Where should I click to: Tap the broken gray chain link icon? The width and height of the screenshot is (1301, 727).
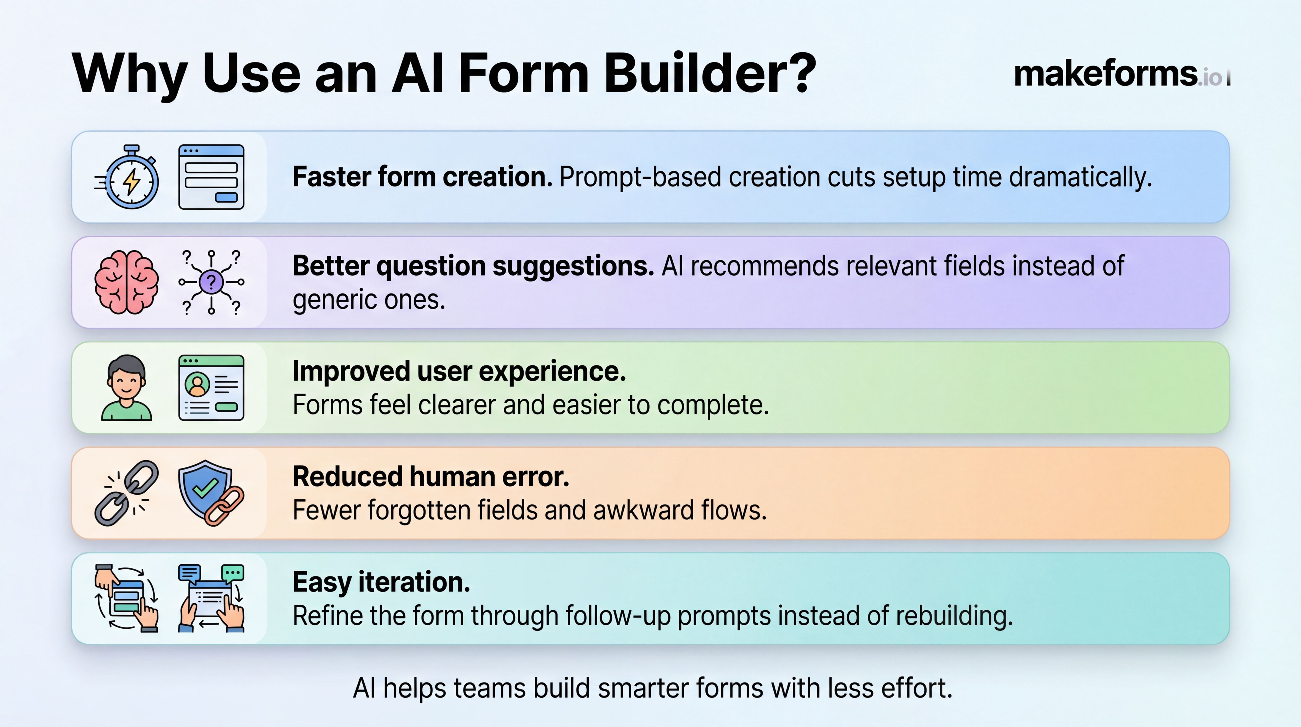126,493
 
